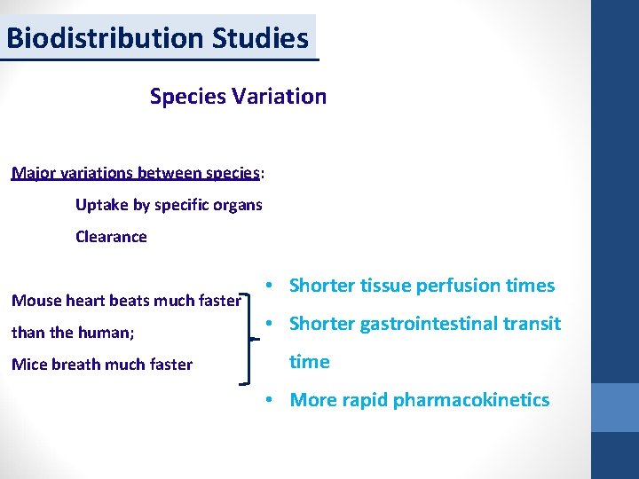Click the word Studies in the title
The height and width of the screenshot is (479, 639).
pyautogui.click(x=261, y=38)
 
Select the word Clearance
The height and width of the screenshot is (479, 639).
pyautogui.click(x=111, y=237)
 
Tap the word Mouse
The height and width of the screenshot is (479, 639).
pyautogui.click(x=35, y=301)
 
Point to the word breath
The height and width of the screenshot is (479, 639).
pyautogui.click(x=76, y=365)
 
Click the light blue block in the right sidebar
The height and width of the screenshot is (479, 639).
pyautogui.click(x=615, y=407)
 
